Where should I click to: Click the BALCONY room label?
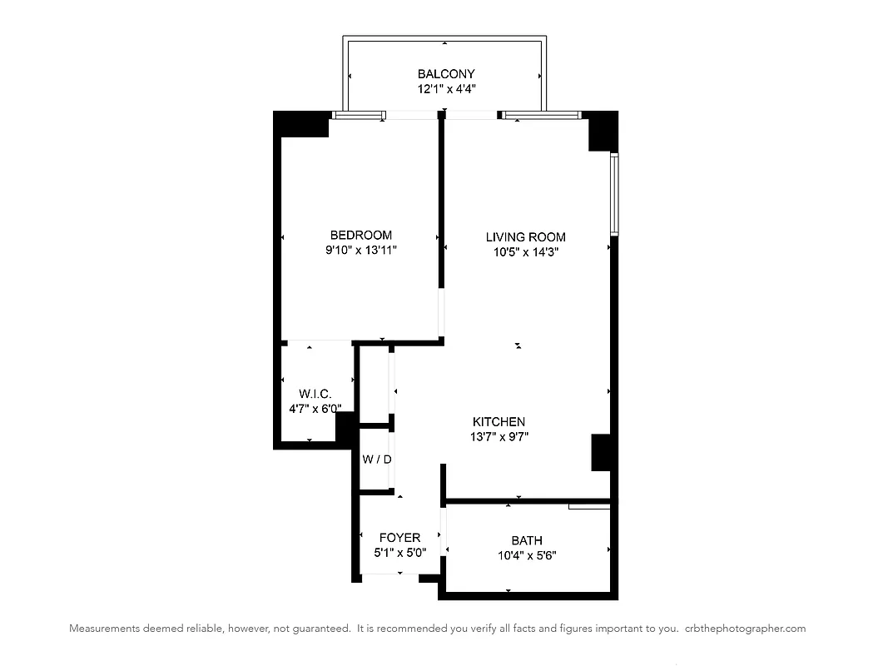tap(446, 74)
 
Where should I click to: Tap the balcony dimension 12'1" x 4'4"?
tap(446, 88)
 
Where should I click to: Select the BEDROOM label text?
tap(360, 236)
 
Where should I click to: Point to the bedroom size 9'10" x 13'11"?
tap(360, 250)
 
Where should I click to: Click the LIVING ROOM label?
tap(525, 237)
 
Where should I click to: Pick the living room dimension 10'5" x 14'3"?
tap(525, 251)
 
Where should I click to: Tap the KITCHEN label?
tap(499, 422)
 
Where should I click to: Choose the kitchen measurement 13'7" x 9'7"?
tap(499, 436)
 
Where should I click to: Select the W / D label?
tap(376, 459)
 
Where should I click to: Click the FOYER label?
tap(399, 538)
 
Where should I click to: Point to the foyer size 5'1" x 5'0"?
tap(399, 552)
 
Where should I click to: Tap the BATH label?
tap(527, 541)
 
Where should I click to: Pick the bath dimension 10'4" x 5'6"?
tap(527, 554)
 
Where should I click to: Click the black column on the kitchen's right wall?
tap(602, 451)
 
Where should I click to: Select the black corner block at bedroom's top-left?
tap(301, 124)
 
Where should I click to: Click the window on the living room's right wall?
tap(614, 193)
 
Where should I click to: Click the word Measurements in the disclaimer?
tap(102, 629)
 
